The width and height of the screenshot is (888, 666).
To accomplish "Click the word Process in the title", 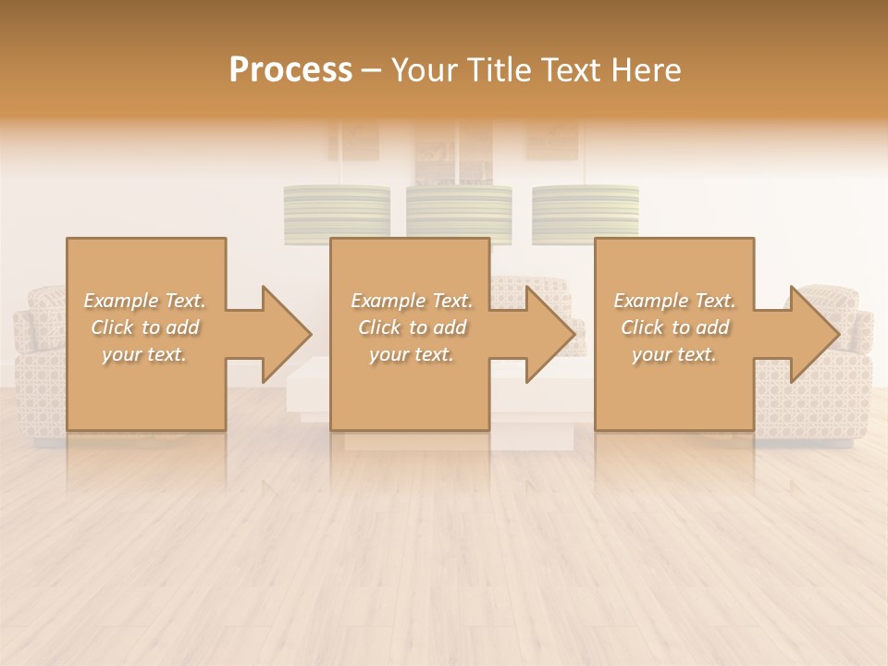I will click(290, 70).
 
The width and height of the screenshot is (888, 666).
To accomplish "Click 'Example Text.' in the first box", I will click(144, 301).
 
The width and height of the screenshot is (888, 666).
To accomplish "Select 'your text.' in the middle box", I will click(412, 354).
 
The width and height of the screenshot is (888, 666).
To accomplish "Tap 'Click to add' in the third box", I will click(674, 327).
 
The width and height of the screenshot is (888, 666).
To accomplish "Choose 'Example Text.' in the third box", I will click(674, 301).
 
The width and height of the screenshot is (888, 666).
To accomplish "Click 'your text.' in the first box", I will click(144, 354).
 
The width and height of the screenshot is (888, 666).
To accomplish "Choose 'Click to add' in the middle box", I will click(412, 327).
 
